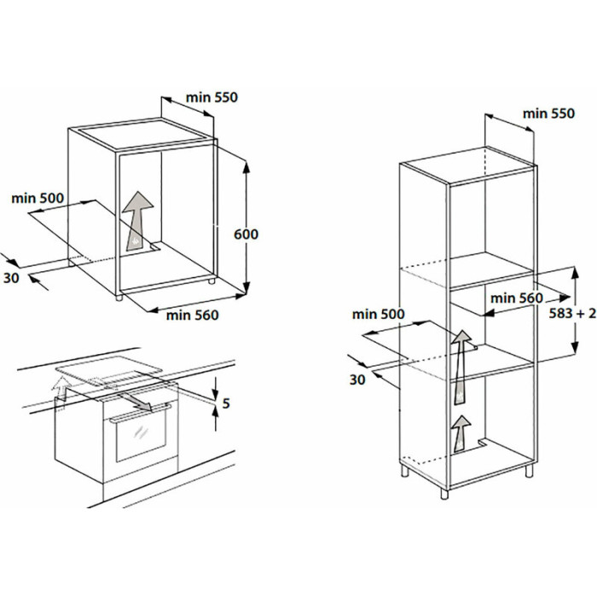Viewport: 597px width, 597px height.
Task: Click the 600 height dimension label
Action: coord(246,235)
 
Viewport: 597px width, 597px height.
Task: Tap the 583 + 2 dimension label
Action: coord(572,313)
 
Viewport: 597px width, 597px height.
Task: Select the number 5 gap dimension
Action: coord(226,403)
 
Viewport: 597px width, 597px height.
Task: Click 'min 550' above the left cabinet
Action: coord(212,97)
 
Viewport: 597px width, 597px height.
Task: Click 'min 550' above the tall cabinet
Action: coord(548,113)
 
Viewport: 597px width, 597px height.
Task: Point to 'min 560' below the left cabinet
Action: coord(193,316)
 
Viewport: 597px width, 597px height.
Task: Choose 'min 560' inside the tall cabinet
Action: coord(517,298)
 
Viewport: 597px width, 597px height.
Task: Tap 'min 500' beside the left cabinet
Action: coord(38,199)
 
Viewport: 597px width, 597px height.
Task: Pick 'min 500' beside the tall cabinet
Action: coord(379,314)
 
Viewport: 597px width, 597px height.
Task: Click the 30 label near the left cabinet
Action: coord(11,278)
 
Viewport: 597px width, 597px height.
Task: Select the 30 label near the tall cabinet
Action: coord(357,380)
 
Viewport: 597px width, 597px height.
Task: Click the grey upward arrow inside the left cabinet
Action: coord(137,221)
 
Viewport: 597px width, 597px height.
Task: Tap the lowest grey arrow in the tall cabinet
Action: coord(462,433)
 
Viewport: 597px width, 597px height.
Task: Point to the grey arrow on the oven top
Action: coord(135,402)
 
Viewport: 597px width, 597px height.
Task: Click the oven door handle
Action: coord(140,413)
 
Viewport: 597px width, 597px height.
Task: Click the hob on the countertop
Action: coord(109,369)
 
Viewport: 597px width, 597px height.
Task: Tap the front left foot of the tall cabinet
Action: coord(444,494)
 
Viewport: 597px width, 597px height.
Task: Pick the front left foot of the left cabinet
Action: coord(119,297)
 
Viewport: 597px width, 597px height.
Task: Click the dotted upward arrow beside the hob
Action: coord(61,391)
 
